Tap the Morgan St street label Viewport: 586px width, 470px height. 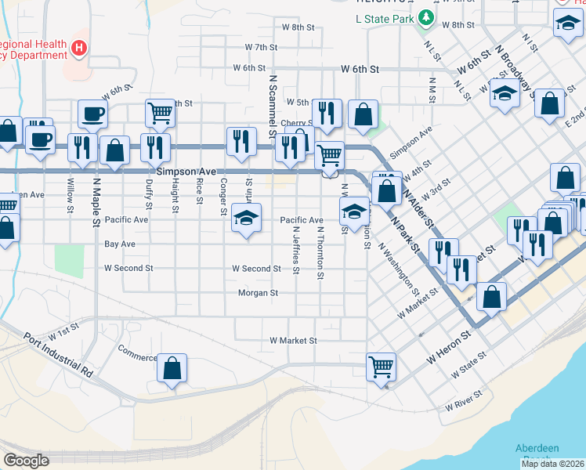[x=259, y=293]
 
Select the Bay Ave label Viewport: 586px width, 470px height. [x=120, y=244]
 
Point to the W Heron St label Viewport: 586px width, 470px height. [x=450, y=346]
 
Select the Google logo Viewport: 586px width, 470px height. [x=26, y=461]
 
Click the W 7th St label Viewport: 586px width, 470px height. [x=261, y=47]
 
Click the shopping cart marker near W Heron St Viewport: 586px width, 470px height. [x=381, y=366]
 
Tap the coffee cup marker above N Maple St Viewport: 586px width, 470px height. [x=92, y=114]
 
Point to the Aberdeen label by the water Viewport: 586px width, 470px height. [x=537, y=448]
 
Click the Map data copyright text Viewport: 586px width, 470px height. [x=552, y=464]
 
